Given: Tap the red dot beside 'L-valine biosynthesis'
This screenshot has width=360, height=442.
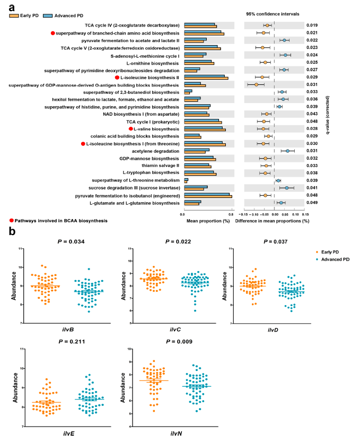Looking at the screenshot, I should (x=131, y=129).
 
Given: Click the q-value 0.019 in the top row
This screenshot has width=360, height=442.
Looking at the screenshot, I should (x=312, y=25).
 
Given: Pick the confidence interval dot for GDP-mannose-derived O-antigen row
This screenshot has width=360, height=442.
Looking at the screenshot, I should (x=256, y=84).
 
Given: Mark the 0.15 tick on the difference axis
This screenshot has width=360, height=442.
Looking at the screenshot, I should (x=305, y=214).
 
